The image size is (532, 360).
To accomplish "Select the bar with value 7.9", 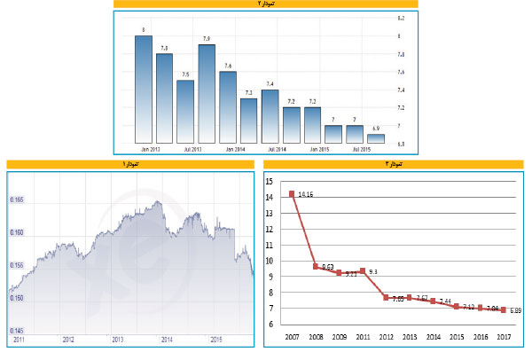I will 207,93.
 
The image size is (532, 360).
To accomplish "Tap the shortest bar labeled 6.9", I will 376,138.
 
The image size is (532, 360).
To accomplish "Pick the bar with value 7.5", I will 185,111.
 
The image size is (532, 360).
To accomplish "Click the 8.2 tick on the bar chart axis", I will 401,18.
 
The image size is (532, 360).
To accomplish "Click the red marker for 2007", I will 292,194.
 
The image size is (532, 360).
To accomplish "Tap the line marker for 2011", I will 362,270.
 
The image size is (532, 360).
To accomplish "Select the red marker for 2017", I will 504,309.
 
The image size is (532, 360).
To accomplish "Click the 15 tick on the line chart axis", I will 271,182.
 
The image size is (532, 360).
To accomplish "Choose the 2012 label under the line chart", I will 386,338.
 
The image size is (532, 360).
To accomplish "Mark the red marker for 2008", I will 316,266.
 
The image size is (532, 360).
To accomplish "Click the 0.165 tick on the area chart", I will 18,200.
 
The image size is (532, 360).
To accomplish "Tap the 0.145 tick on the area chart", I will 18,330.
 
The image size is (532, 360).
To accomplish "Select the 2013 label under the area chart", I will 117,339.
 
